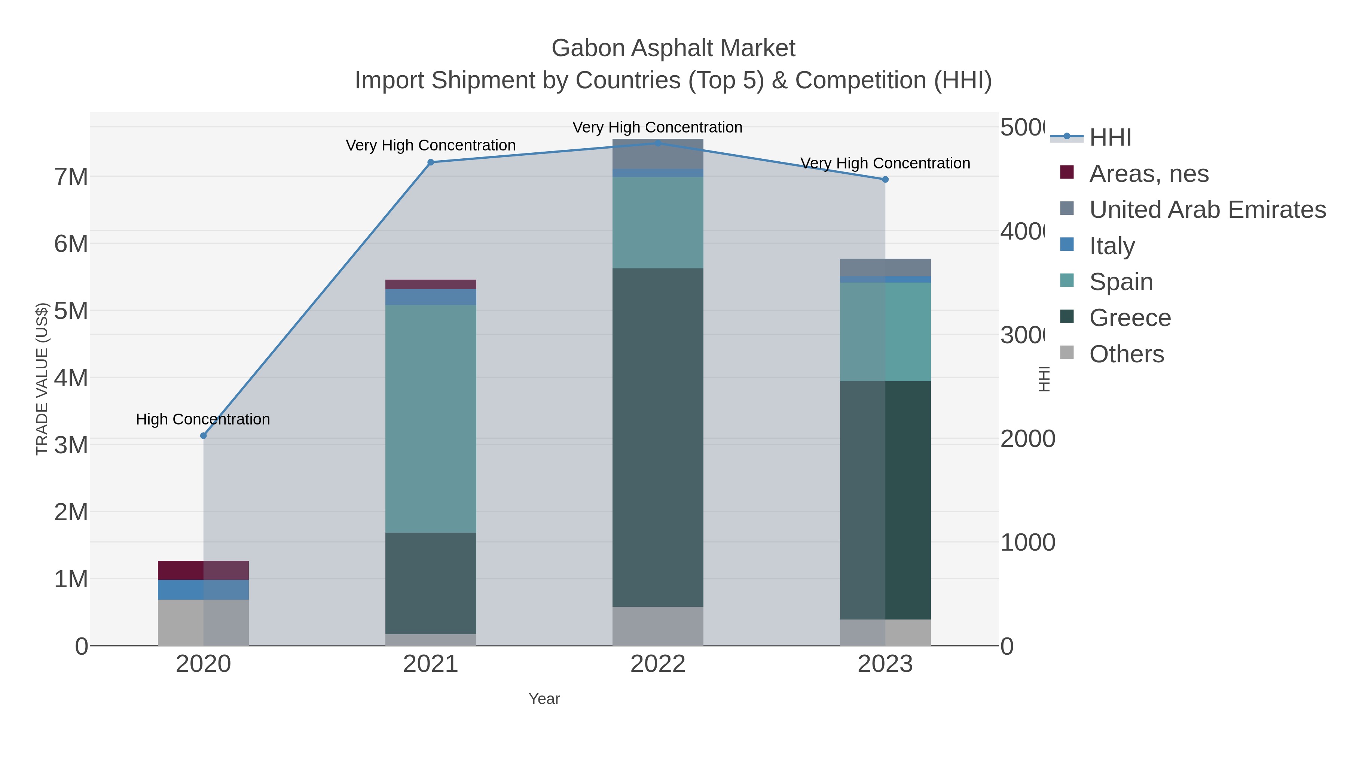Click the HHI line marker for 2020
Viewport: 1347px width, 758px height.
coord(204,436)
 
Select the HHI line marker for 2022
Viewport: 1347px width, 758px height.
coord(658,143)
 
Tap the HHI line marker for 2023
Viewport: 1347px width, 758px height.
coord(885,179)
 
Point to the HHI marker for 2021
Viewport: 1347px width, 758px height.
coord(431,162)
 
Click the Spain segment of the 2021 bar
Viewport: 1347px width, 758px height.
coord(431,418)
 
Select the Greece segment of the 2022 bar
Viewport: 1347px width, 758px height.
coord(658,437)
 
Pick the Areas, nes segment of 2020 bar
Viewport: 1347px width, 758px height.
coord(204,570)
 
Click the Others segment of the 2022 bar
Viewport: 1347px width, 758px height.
coord(658,626)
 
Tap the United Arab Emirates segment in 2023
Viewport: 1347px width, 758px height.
coord(885,267)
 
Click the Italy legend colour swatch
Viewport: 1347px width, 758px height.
coord(1067,244)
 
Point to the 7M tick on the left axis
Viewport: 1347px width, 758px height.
coord(71,177)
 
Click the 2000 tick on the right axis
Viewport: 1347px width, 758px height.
coord(1027,439)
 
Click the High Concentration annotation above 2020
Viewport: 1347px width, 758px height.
coord(203,419)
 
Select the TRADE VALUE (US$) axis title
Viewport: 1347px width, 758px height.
coord(42,379)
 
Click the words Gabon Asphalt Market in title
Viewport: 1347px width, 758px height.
coord(673,48)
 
